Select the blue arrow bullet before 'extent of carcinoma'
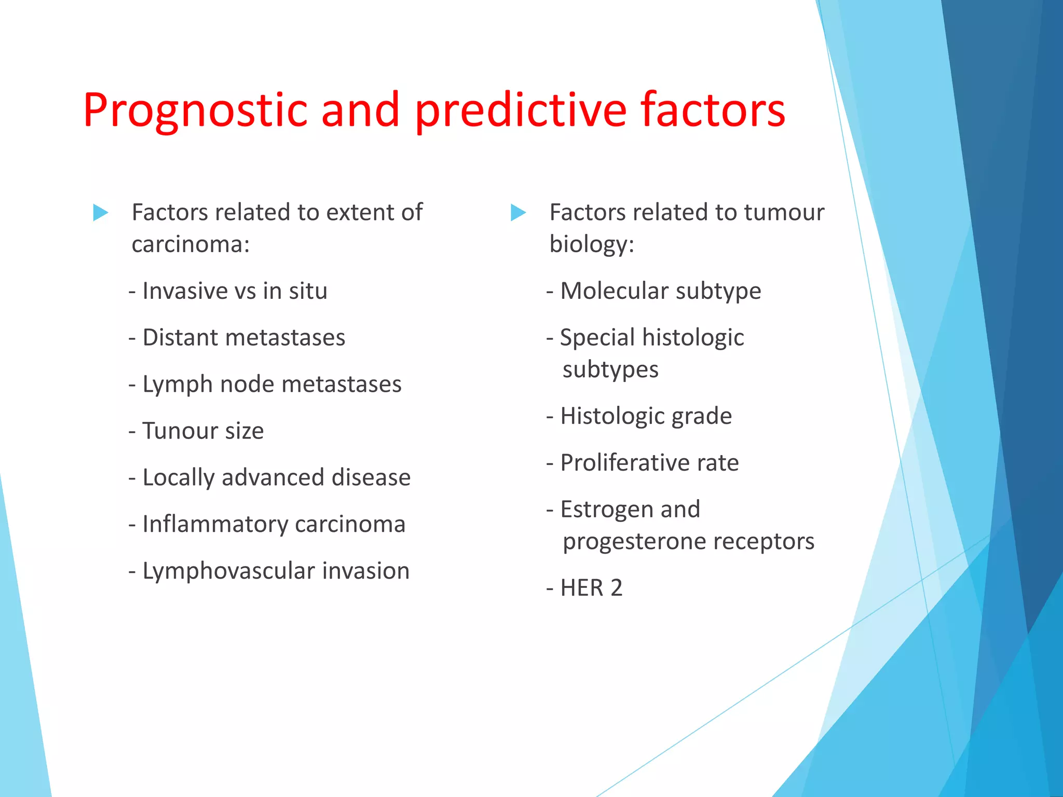click(x=100, y=212)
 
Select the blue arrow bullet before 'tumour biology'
click(x=518, y=212)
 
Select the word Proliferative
click(x=625, y=463)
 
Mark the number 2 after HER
click(x=616, y=588)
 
